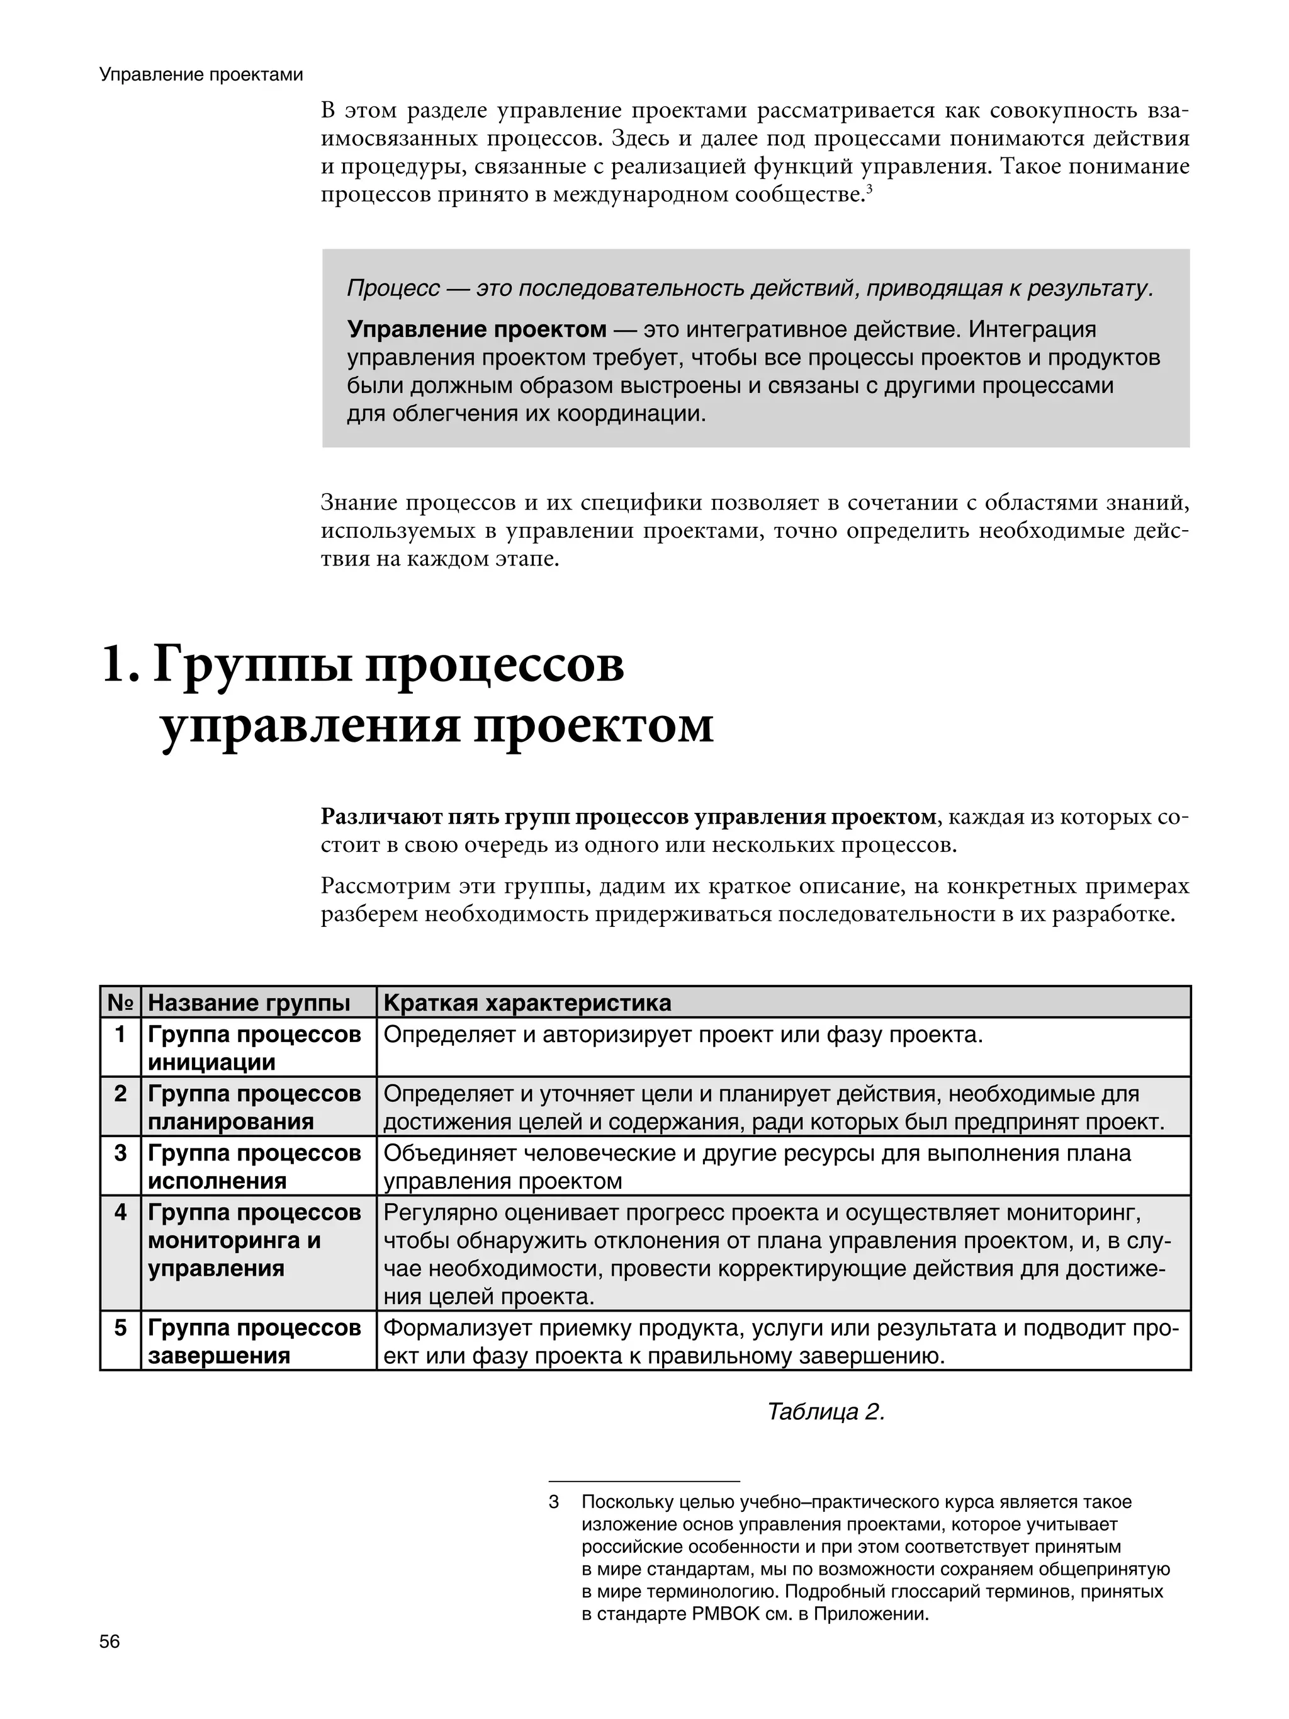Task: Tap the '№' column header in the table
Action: point(120,1002)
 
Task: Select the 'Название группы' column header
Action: point(249,1002)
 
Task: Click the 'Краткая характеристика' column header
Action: point(527,1002)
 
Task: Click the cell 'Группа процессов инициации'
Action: point(254,1048)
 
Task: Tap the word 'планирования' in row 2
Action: point(231,1121)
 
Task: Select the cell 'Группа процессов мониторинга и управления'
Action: point(254,1240)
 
